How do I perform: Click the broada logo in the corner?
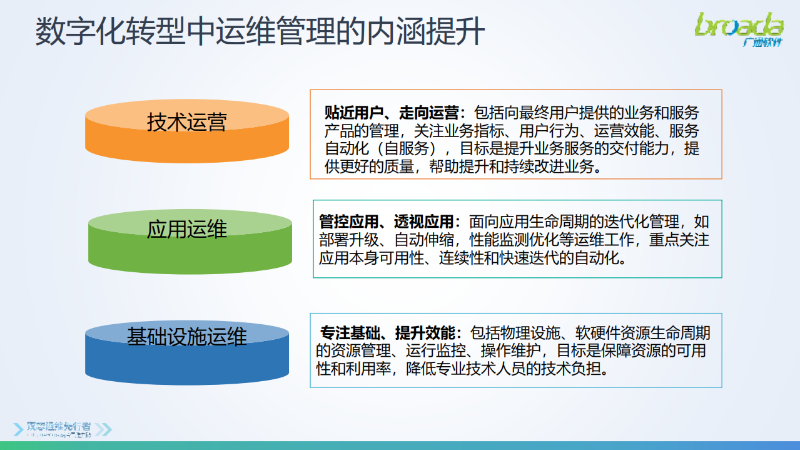(739, 25)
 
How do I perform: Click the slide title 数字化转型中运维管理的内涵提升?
(260, 31)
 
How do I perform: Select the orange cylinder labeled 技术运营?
(187, 131)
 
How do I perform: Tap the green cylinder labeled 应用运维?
(190, 241)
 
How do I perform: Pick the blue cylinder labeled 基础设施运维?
(187, 352)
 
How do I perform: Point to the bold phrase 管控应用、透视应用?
(386, 222)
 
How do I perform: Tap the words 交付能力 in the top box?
(646, 150)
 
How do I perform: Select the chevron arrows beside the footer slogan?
(103, 429)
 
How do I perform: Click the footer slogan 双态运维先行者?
(59, 426)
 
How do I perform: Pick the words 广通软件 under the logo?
(762, 43)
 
